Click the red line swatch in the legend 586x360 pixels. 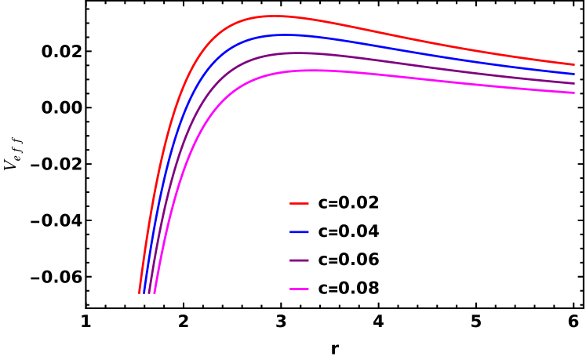[x=299, y=204]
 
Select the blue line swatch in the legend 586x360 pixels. [x=299, y=232]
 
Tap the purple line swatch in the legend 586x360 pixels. [x=299, y=260]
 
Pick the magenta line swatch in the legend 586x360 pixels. [x=299, y=289]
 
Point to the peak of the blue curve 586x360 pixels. [x=286, y=35]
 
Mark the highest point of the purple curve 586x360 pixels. [x=297, y=53]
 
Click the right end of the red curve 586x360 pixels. [x=574, y=64]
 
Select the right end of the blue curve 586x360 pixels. [x=574, y=74]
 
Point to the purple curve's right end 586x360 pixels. [x=574, y=83]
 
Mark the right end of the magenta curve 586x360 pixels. [x=574, y=93]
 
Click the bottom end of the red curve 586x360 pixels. [x=140, y=293]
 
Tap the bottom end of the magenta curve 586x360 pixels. [x=155, y=293]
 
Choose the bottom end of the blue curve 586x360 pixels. [x=144, y=293]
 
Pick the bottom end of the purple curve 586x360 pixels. [x=149, y=293]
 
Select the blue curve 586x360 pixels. [x=392, y=45]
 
